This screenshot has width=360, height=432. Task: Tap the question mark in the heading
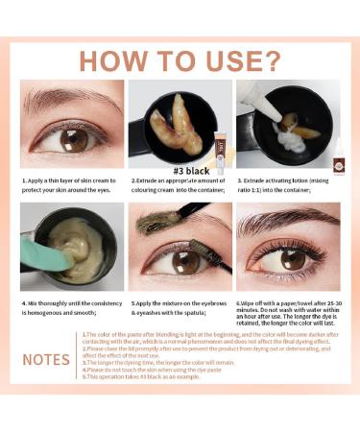point(272,60)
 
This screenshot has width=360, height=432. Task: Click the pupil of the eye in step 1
point(74,139)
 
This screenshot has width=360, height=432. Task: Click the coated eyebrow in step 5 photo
point(158,221)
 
